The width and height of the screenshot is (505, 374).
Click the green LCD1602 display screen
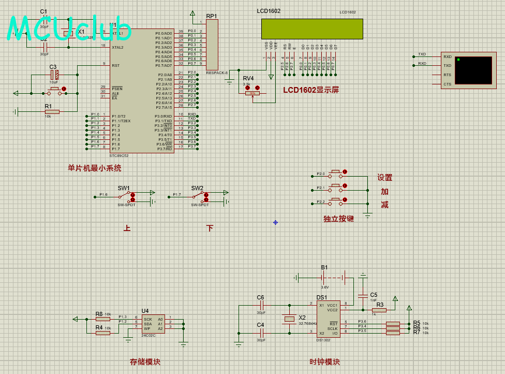312,29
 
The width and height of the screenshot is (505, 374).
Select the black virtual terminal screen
473,70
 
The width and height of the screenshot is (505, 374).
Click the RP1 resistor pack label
212,16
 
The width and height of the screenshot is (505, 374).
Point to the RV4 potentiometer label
248,78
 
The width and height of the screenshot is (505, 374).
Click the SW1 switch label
124,188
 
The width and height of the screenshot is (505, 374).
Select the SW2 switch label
197,188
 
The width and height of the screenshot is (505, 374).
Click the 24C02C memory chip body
153,323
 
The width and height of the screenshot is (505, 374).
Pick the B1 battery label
324,267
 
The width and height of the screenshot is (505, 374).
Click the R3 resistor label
380,305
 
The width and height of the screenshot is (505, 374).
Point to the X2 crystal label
302,318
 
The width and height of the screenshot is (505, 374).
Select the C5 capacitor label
374,295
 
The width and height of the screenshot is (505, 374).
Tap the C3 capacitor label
53,67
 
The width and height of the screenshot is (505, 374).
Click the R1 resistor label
48,106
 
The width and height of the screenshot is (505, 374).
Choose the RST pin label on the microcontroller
115,66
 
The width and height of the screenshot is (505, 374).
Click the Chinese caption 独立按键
338,219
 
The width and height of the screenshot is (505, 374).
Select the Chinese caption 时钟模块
324,362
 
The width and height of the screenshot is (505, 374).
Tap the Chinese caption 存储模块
145,362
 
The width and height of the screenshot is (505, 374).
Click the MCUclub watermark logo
70,28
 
